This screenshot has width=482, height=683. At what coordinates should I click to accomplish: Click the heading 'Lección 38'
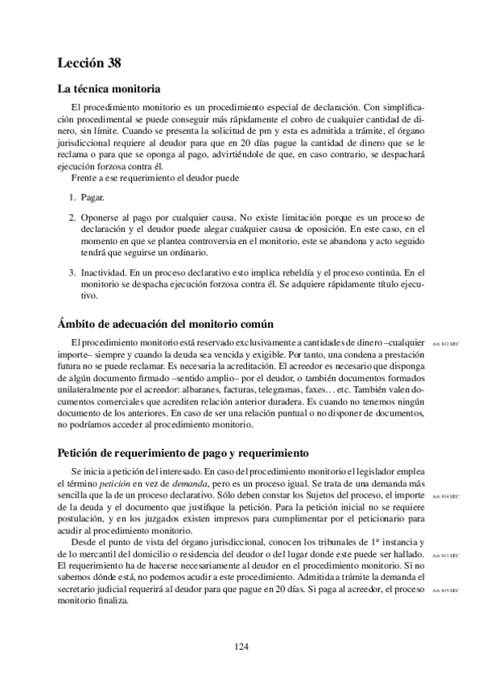(89, 62)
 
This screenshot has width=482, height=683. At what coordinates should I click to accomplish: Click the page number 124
(241, 646)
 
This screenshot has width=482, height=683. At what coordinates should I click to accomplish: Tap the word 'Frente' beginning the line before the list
(84, 177)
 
